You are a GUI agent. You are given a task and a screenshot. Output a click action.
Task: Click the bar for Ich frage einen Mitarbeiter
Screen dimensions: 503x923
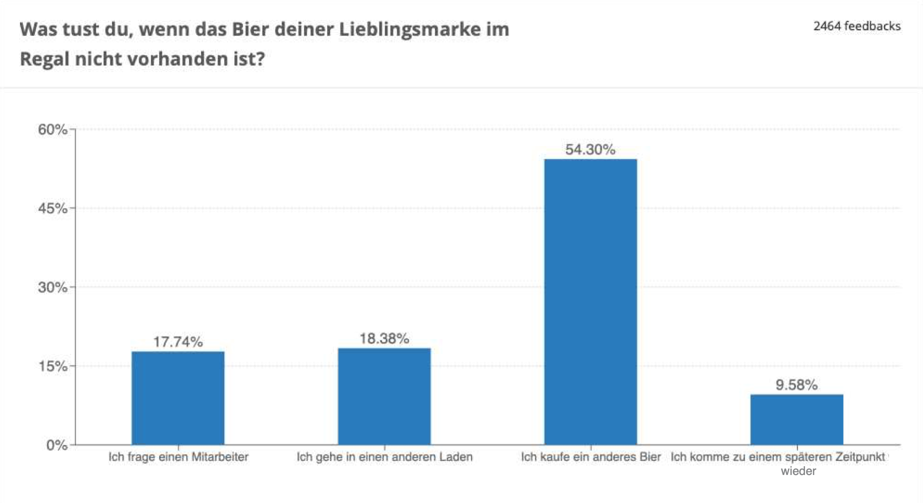click(178, 398)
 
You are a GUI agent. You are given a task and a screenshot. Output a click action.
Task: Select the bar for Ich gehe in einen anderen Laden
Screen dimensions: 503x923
click(384, 396)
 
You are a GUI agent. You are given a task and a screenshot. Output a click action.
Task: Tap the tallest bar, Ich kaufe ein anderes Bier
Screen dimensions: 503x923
click(590, 301)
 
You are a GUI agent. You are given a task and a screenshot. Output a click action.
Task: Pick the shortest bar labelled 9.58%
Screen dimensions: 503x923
click(796, 419)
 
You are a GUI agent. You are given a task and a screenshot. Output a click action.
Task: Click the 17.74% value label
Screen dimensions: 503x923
click(178, 342)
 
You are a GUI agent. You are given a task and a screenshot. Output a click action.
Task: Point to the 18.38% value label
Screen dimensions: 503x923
click(384, 338)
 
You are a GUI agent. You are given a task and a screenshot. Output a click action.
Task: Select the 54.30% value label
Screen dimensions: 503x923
click(590, 149)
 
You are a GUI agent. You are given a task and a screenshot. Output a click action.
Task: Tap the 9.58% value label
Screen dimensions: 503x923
click(796, 385)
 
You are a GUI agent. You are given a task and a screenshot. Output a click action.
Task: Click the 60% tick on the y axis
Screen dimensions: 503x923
click(52, 129)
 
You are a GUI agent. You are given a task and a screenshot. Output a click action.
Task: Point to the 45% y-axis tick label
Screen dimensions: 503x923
click(52, 208)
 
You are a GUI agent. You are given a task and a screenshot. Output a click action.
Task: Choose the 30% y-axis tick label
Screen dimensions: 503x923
click(52, 287)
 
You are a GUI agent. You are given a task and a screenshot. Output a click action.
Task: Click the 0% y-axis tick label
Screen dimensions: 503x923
click(56, 445)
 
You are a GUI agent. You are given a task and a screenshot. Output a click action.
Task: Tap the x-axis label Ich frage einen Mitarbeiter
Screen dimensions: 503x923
click(178, 457)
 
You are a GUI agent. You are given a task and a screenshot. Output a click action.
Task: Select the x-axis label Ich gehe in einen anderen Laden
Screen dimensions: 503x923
click(384, 457)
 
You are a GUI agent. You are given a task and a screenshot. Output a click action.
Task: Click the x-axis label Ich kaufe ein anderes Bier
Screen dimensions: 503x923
click(590, 457)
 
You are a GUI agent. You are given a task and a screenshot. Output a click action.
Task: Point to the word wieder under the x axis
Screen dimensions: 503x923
click(798, 471)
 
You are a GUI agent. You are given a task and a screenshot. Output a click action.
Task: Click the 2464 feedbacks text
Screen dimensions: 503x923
click(856, 26)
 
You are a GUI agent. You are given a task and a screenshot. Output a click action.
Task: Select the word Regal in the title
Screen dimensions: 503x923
click(44, 59)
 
